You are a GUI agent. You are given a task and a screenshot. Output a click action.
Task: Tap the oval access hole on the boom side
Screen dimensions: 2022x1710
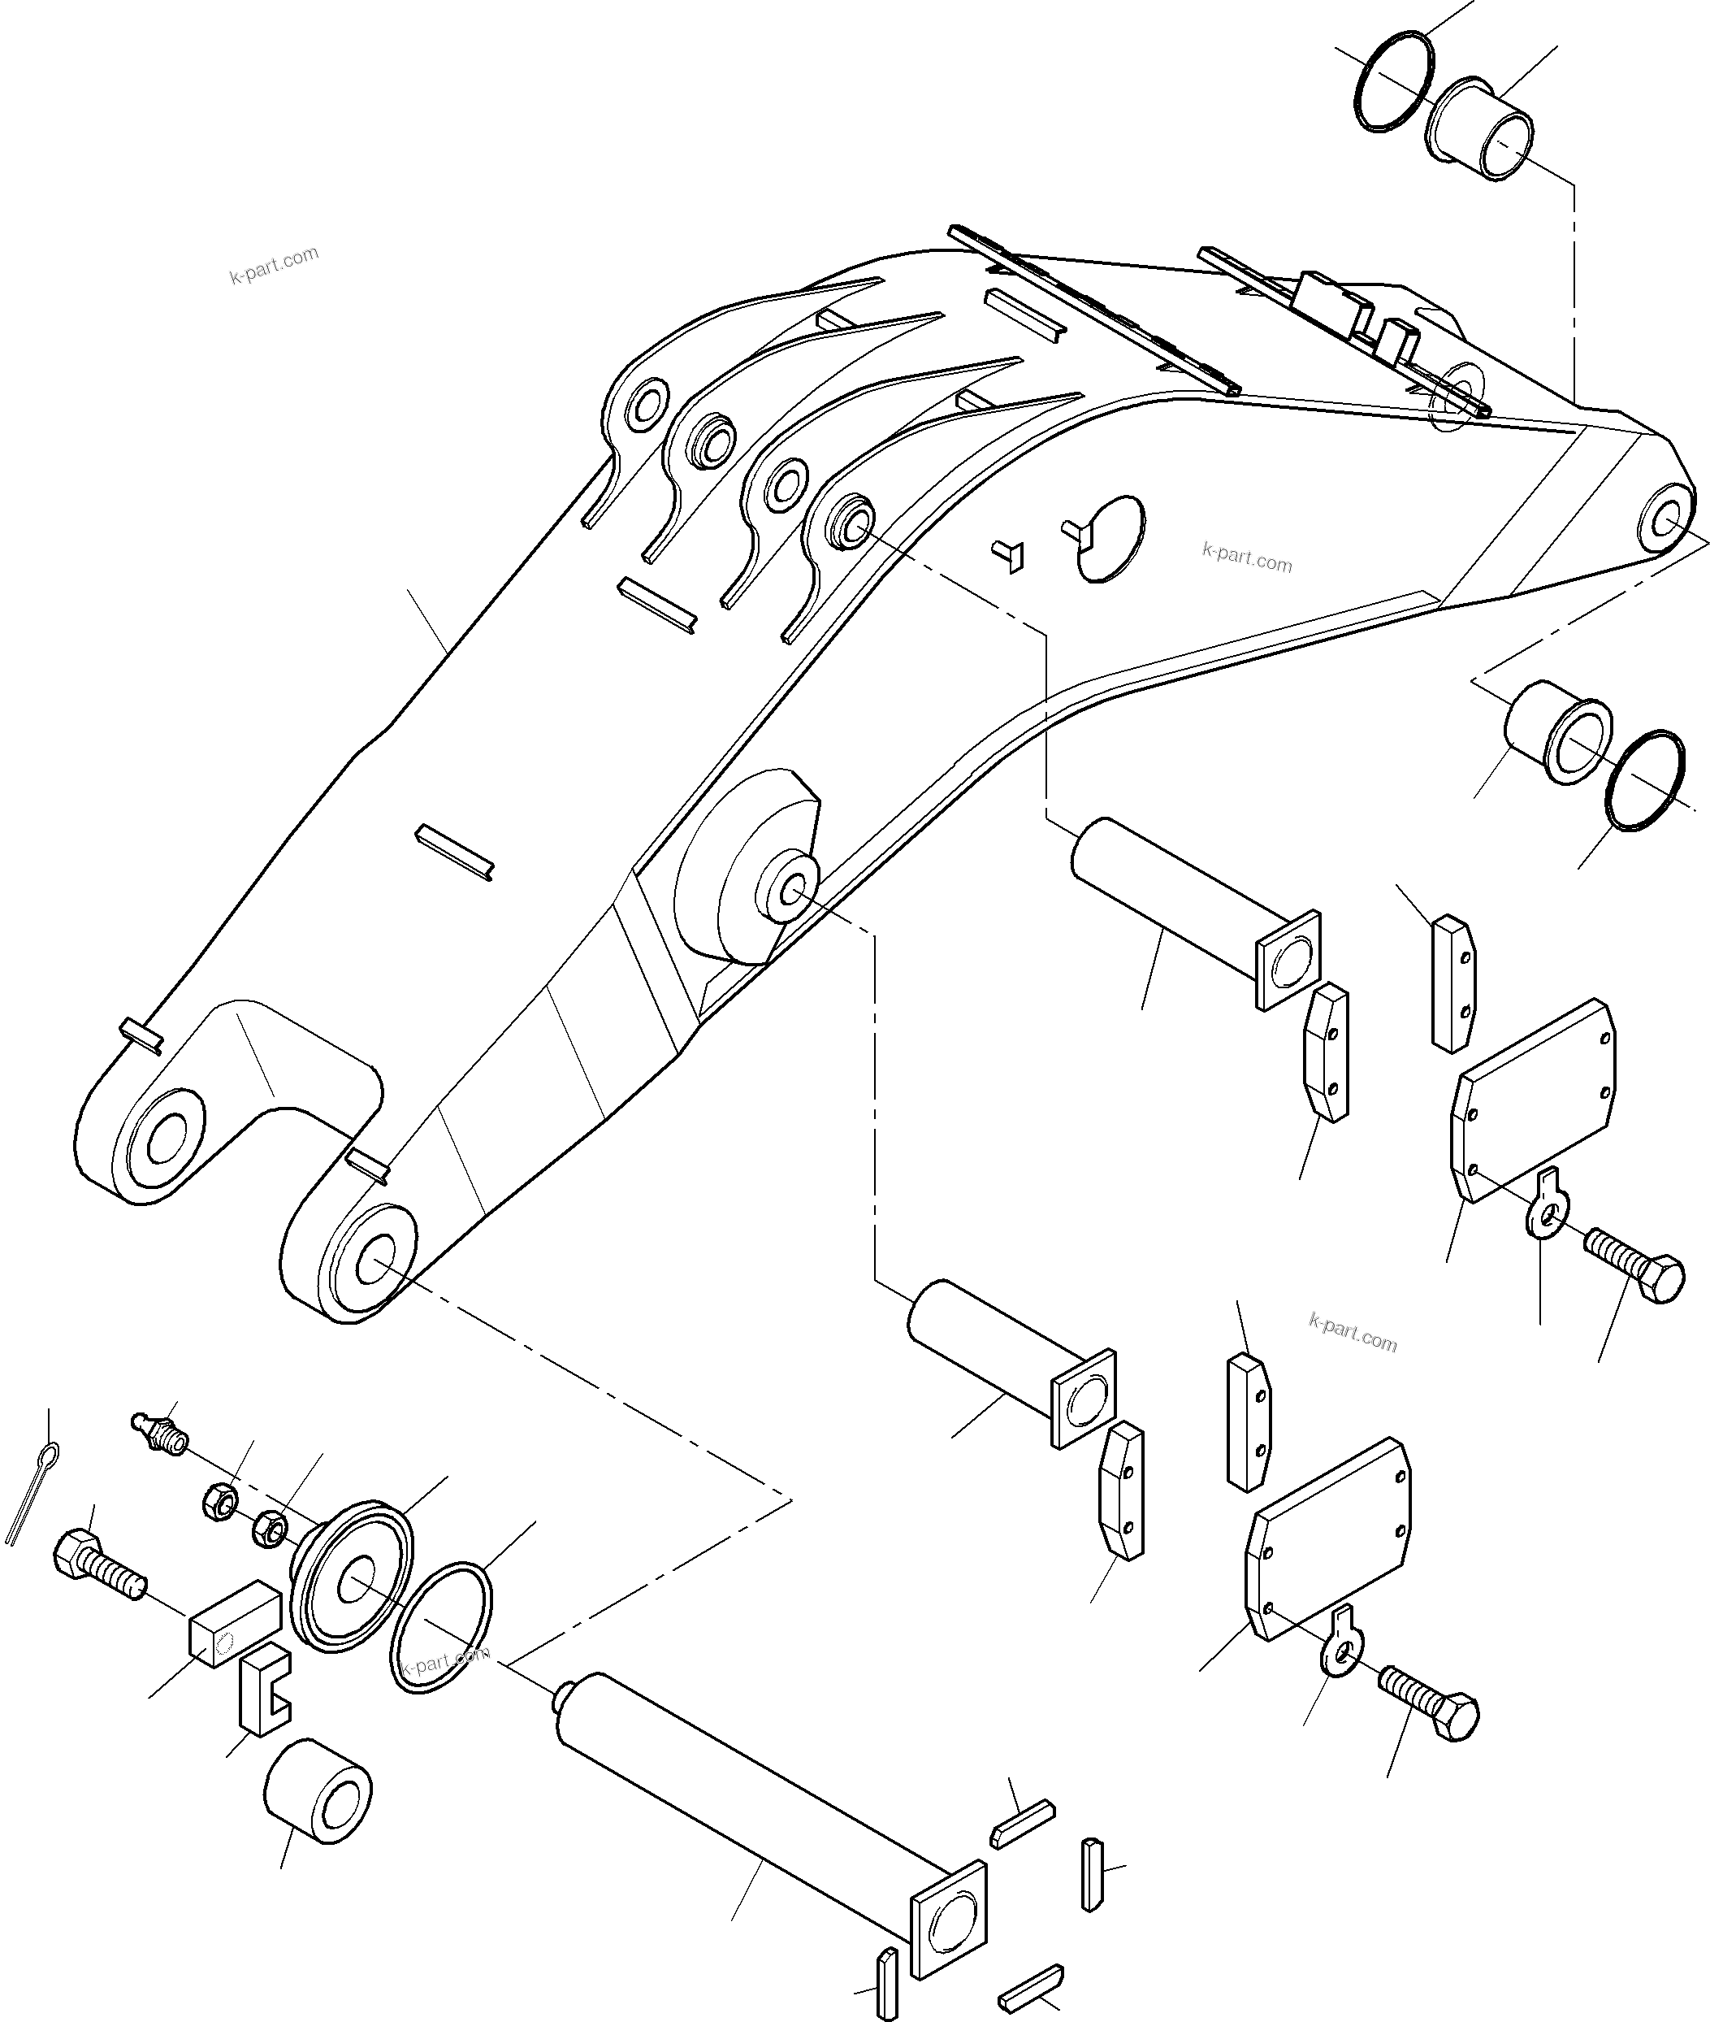[x=1112, y=538]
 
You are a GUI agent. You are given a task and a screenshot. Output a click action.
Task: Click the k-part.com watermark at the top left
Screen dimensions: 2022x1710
[x=275, y=265]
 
